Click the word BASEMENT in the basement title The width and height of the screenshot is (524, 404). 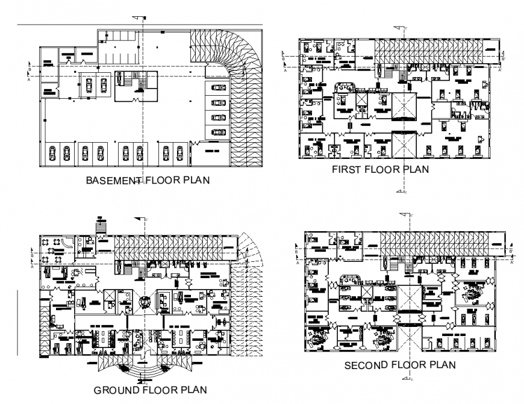pyautogui.click(x=112, y=180)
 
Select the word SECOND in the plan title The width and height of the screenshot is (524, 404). pyautogui.click(x=364, y=365)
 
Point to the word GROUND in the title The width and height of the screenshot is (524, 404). pyautogui.click(x=116, y=389)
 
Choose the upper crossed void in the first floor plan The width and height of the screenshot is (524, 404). pyautogui.click(x=404, y=106)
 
